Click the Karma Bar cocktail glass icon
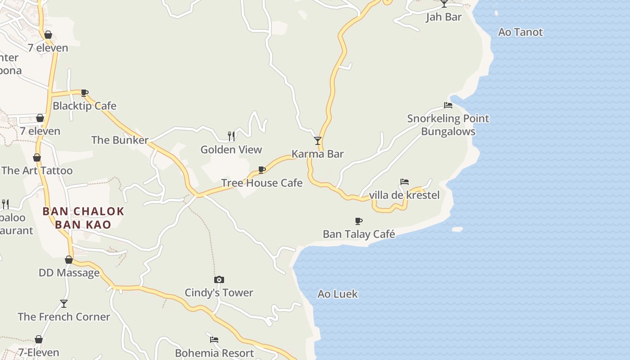coord(318,141)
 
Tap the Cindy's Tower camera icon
coord(219,280)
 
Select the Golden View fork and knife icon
coord(231,136)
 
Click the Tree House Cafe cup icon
coord(262,170)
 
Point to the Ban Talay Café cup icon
coord(359,221)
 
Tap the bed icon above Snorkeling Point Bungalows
coord(448,105)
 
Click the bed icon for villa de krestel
coord(405,182)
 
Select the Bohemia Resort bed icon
coord(214,339)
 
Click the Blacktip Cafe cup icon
coord(84,93)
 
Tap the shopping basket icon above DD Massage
coord(69,260)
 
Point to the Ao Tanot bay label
coord(520,32)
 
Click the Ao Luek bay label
coord(337,294)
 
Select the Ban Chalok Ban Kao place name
coord(83,218)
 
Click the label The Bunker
coord(120,140)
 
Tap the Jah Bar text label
coord(444,17)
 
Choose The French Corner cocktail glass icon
coord(64,304)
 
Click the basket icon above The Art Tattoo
coord(37,157)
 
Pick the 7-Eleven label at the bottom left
coord(39,352)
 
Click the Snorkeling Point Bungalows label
coord(448,125)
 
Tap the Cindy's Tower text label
coord(219,293)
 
